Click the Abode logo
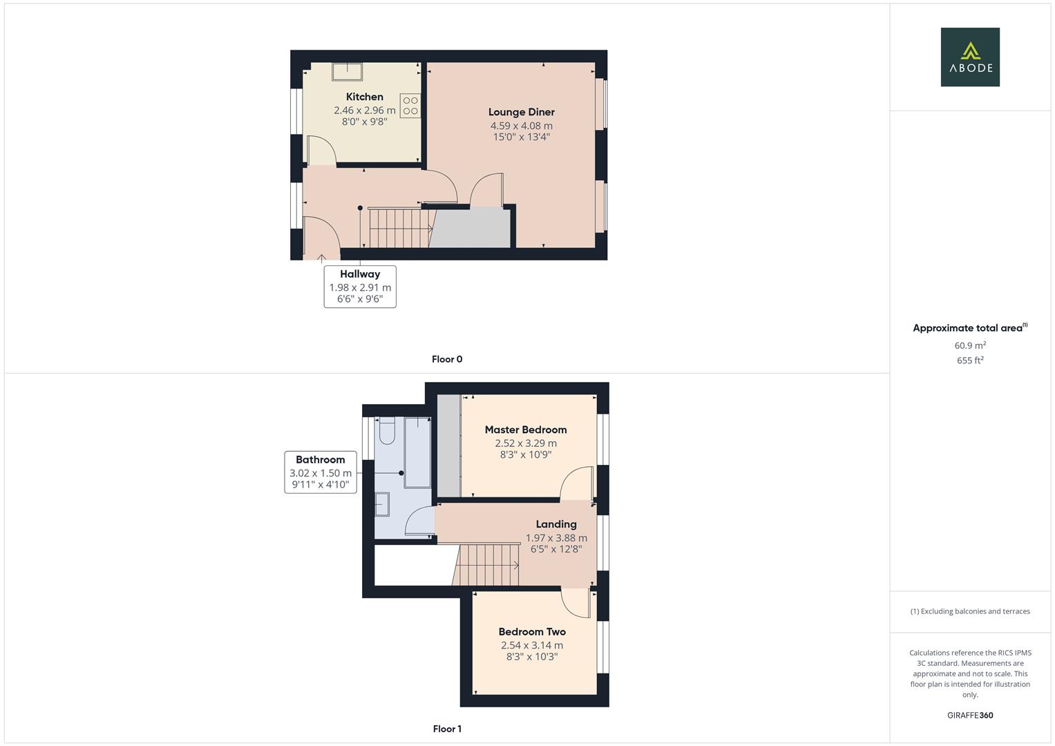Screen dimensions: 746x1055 point(969,57)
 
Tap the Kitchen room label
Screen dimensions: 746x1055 point(364,97)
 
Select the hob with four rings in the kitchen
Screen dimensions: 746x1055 point(410,106)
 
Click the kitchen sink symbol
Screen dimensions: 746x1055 point(348,72)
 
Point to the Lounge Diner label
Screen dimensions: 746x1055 point(521,112)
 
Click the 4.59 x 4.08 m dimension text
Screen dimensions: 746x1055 point(521,126)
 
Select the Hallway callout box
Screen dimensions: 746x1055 point(359,287)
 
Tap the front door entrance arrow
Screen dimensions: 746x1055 point(322,259)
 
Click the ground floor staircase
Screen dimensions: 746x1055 point(399,228)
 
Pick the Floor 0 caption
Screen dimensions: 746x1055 point(447,359)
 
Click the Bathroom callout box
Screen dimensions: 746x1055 point(321,472)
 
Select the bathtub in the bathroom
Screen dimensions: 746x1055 point(417,452)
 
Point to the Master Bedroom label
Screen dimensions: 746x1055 point(525,430)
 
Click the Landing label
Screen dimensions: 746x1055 point(555,524)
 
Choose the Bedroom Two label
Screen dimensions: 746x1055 point(532,631)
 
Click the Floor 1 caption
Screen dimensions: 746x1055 point(447,729)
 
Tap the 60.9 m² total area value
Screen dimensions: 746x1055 point(969,345)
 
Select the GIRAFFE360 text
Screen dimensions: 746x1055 point(969,716)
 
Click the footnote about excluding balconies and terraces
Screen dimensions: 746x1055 point(969,611)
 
